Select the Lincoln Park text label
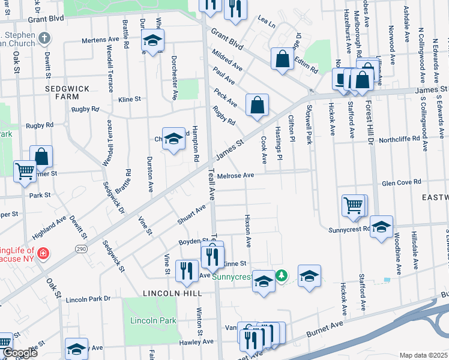(153, 320)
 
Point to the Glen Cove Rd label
(402, 182)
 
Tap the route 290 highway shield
(81, 248)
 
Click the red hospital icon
(42, 254)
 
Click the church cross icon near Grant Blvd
(43, 38)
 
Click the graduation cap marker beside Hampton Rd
(173, 138)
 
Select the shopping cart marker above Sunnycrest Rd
(354, 205)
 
